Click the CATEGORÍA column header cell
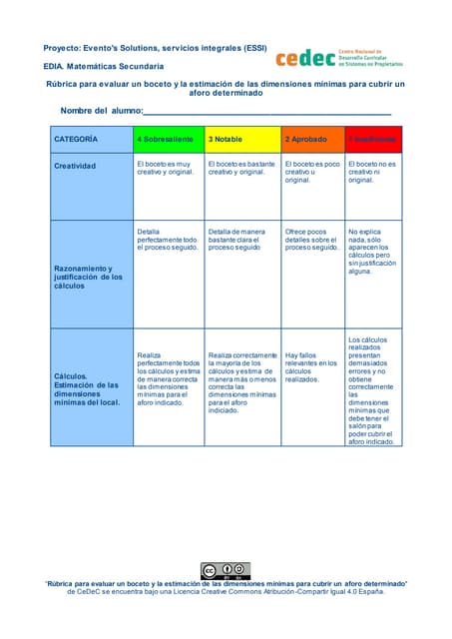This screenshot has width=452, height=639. coord(92,138)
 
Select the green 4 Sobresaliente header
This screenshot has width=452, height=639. coord(169,138)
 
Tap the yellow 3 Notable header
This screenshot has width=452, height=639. coord(242,138)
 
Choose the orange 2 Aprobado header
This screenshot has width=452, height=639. coord(311,138)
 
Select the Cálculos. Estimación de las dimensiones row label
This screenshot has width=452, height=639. coord(92,389)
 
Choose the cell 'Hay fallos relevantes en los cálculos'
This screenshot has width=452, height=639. coord(311,366)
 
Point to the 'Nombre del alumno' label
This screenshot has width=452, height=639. coord(102,110)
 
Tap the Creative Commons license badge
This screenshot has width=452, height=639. coord(225,571)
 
